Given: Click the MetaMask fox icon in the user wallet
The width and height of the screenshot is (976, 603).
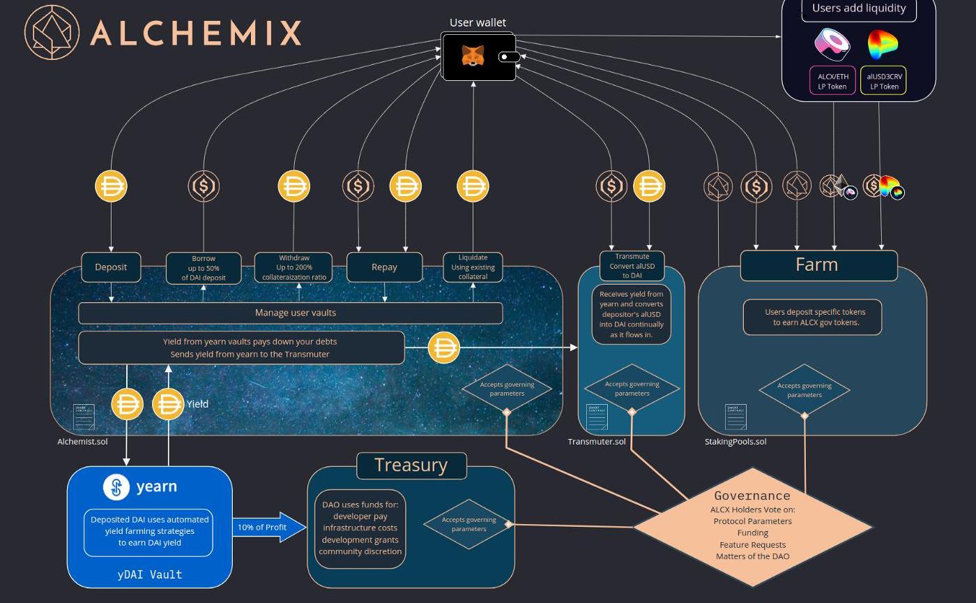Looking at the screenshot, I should (473, 55).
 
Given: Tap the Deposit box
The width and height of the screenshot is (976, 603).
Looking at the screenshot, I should (111, 267).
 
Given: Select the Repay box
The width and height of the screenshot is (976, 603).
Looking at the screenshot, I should (384, 267).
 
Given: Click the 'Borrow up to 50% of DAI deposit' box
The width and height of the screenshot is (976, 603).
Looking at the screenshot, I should (204, 268).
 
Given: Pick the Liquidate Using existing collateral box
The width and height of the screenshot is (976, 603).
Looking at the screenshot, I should (473, 267).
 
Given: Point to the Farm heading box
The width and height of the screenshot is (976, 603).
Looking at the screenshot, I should (818, 265).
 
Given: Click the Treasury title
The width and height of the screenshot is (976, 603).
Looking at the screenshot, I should (411, 466).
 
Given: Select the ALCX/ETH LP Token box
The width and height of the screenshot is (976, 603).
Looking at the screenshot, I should (832, 80).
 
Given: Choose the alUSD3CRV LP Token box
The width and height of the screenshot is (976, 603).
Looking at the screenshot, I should (884, 80).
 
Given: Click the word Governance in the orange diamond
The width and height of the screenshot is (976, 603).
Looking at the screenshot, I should (752, 496).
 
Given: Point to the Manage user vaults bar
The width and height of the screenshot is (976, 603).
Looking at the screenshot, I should (291, 313).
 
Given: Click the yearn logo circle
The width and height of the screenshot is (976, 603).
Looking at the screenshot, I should (116, 487).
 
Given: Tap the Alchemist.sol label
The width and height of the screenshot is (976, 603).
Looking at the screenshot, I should (82, 442).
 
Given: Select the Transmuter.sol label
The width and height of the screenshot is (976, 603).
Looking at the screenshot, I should (597, 442).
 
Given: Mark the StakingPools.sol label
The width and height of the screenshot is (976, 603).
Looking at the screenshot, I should (735, 442).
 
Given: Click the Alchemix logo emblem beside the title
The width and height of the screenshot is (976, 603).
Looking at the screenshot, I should (52, 32).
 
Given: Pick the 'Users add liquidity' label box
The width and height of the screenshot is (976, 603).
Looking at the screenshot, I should (858, 9).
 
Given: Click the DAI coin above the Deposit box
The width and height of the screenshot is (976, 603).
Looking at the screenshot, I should (111, 186).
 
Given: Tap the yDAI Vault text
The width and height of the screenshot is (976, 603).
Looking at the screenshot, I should (150, 574).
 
